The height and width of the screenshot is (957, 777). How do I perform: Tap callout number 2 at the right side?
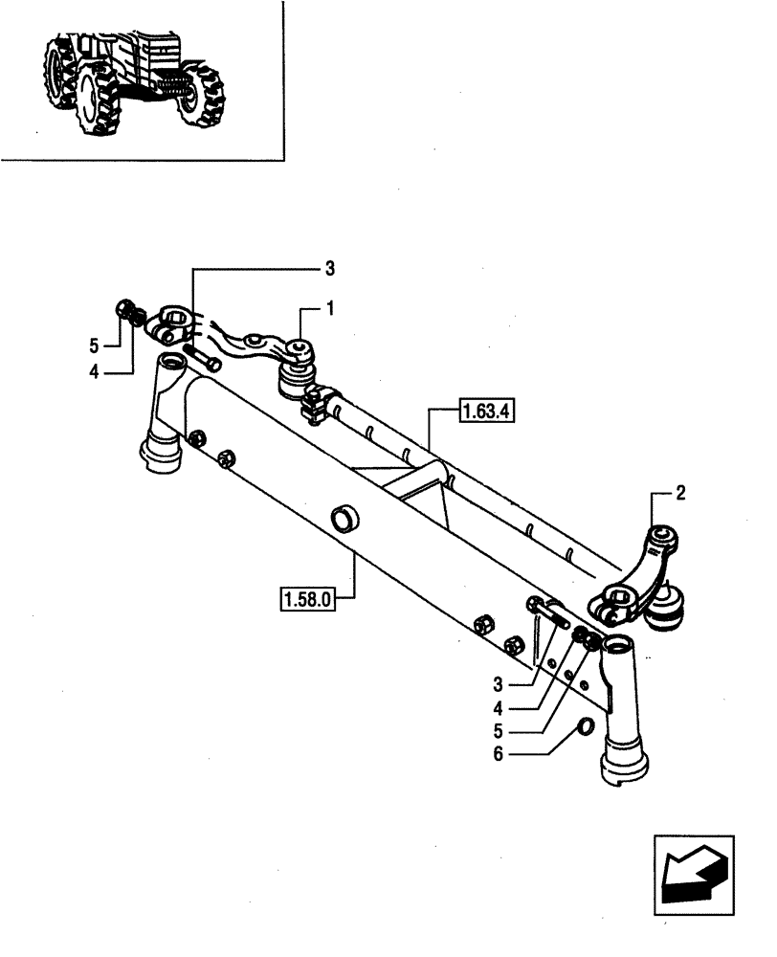(680, 495)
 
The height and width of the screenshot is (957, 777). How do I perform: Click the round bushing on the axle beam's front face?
(344, 520)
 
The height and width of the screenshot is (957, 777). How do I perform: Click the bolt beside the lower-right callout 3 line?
(546, 610)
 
